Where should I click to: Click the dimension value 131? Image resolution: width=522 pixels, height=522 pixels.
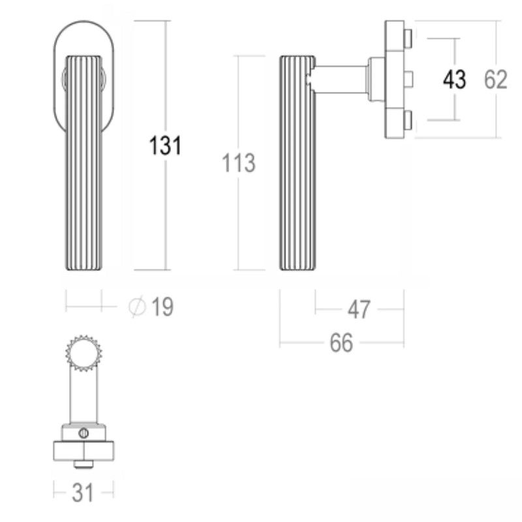pyautogui.click(x=165, y=146)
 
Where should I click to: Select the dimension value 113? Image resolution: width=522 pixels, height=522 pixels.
pyautogui.click(x=238, y=162)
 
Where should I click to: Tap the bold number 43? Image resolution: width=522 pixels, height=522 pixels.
pyautogui.click(x=454, y=79)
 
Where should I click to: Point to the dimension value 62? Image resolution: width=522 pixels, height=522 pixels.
pyautogui.click(x=495, y=79)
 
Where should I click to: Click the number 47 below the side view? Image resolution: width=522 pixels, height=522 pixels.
pyautogui.click(x=359, y=309)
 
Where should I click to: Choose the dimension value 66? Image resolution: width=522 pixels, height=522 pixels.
pyautogui.click(x=341, y=343)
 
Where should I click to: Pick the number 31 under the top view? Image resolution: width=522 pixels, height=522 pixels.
pyautogui.click(x=83, y=493)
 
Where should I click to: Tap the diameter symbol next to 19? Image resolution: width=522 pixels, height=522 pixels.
pyautogui.click(x=137, y=306)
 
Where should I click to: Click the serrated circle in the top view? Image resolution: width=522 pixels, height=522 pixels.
pyautogui.click(x=84, y=353)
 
